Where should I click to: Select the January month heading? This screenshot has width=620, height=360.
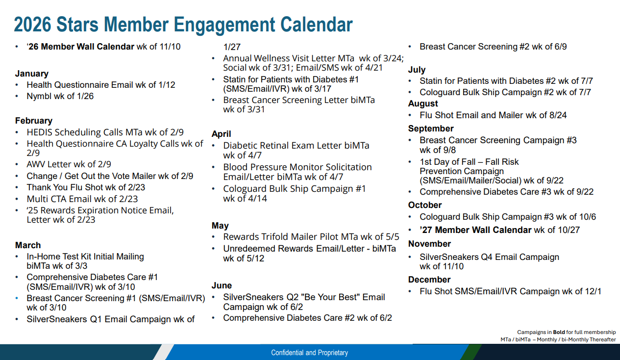point(32,74)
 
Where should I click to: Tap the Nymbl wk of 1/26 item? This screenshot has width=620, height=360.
point(60,96)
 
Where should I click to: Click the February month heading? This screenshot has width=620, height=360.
point(34,121)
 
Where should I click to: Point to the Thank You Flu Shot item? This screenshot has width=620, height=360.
point(86,187)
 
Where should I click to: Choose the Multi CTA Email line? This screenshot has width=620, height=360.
point(82,199)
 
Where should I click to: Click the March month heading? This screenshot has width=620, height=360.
point(28,245)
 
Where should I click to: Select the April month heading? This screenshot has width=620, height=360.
point(221,134)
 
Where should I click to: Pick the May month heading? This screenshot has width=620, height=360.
point(220,226)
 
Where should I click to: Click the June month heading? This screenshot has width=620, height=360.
point(222,285)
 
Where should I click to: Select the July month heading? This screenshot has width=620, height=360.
point(417,70)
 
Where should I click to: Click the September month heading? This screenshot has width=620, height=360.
point(431,129)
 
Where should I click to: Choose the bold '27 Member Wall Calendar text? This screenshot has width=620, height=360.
point(475,230)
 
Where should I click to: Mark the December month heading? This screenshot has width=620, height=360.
point(429,280)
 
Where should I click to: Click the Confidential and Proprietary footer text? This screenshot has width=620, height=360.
point(310,353)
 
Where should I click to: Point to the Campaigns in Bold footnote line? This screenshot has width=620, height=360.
point(566,332)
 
